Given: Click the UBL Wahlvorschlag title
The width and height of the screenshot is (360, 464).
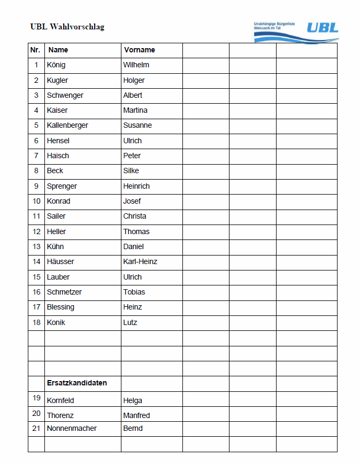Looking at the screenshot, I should click(67, 27).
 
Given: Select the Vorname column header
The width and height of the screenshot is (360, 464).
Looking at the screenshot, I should click(139, 50).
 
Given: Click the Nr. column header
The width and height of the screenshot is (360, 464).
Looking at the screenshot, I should click(35, 50).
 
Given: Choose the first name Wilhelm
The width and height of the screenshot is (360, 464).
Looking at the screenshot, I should click(136, 65).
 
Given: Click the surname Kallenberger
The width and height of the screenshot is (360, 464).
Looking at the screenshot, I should click(67, 125).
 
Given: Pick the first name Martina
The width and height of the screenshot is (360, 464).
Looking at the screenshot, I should click(135, 110).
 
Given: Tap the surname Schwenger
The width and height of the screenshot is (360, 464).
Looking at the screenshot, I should click(65, 95).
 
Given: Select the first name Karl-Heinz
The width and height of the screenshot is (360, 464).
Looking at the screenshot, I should click(140, 261).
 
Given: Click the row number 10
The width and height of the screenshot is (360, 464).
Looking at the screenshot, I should click(36, 201).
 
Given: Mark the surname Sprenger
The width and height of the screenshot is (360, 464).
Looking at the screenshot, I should click(62, 186).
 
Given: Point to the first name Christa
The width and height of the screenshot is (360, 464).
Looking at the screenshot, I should click(135, 216).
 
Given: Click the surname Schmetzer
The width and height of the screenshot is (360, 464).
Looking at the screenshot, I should click(64, 292).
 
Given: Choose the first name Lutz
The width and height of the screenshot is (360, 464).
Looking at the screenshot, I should click(130, 322).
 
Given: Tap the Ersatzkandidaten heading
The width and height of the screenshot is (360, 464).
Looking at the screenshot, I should click(77, 383).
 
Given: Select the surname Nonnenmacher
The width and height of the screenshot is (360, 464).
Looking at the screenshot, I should click(72, 428).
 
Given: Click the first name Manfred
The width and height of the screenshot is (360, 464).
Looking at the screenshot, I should click(136, 415).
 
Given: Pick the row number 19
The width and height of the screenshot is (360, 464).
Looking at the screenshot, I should click(36, 398).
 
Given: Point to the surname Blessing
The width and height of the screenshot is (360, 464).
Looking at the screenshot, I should click(60, 307).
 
